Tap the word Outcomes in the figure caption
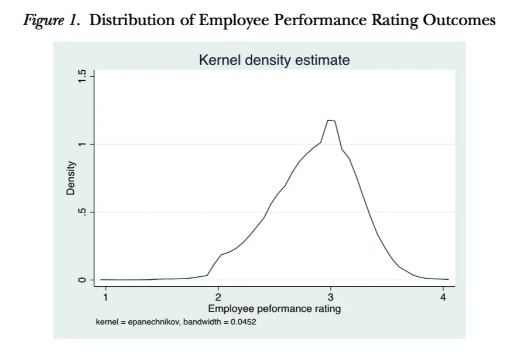(460, 20)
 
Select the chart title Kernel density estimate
(274, 60)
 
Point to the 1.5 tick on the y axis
(83, 76)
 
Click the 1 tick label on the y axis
(83, 144)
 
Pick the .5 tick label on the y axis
(83, 212)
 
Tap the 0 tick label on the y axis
(83, 280)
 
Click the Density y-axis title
(71, 178)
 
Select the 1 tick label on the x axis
(106, 297)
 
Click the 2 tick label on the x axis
(218, 297)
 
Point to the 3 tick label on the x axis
(331, 297)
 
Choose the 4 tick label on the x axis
(443, 297)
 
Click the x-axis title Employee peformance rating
(274, 308)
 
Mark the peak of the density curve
(331, 120)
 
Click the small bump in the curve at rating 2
(222, 255)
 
